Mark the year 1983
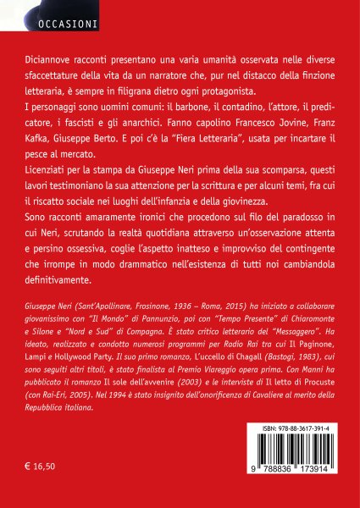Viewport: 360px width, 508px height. pos(265,372)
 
